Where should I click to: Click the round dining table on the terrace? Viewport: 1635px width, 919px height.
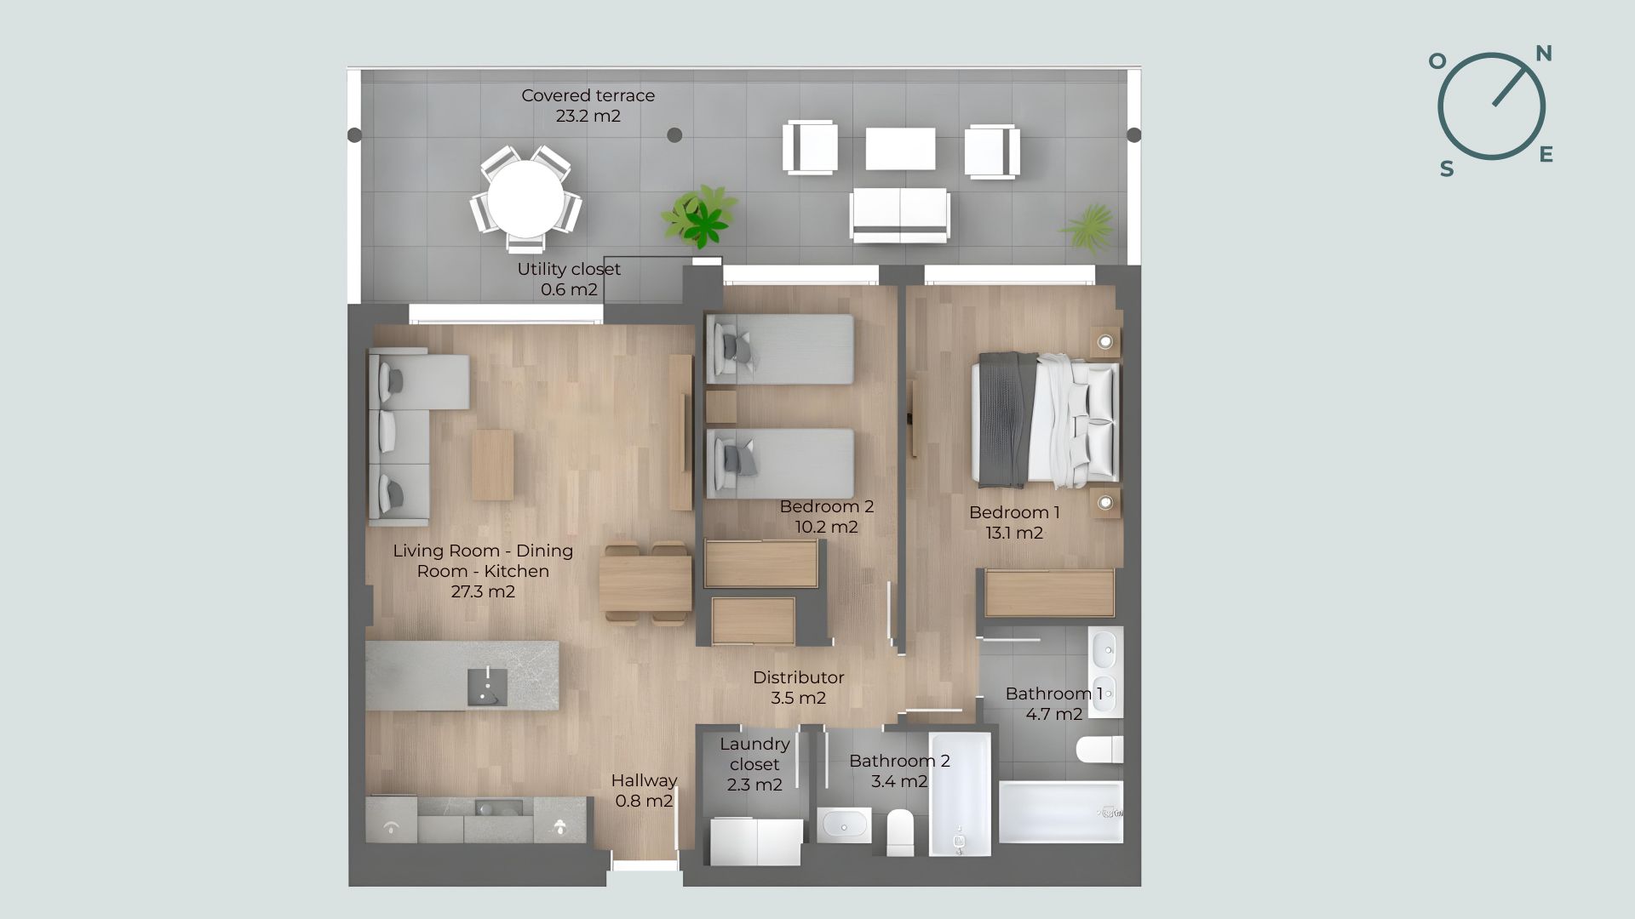[525, 199]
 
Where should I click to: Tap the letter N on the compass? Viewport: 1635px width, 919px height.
[1543, 54]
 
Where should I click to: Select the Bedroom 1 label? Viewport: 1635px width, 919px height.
[1014, 522]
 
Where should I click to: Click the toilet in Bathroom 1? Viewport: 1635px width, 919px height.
[1099, 750]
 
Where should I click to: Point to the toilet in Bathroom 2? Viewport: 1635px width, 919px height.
[900, 831]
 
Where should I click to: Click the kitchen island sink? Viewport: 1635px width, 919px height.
[487, 687]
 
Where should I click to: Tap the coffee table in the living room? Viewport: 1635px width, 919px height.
[493, 465]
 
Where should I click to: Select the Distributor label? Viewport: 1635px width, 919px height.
[799, 688]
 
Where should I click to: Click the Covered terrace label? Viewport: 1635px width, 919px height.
[588, 106]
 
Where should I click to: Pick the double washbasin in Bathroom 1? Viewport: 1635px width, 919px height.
[1105, 672]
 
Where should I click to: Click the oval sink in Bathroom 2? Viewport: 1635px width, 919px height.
[844, 825]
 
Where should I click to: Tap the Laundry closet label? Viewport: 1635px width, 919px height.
[754, 764]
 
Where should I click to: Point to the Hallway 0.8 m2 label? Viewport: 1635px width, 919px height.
[644, 791]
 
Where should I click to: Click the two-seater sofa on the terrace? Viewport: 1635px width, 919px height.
[899, 215]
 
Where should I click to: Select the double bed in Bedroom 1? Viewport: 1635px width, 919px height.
[1047, 420]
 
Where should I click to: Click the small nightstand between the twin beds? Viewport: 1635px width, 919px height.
[721, 407]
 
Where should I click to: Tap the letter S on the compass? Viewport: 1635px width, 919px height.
[1447, 169]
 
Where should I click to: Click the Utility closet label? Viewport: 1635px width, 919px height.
[569, 279]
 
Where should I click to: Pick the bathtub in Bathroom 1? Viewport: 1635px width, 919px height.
[1060, 812]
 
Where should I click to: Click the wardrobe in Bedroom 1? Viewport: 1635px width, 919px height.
[1049, 593]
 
